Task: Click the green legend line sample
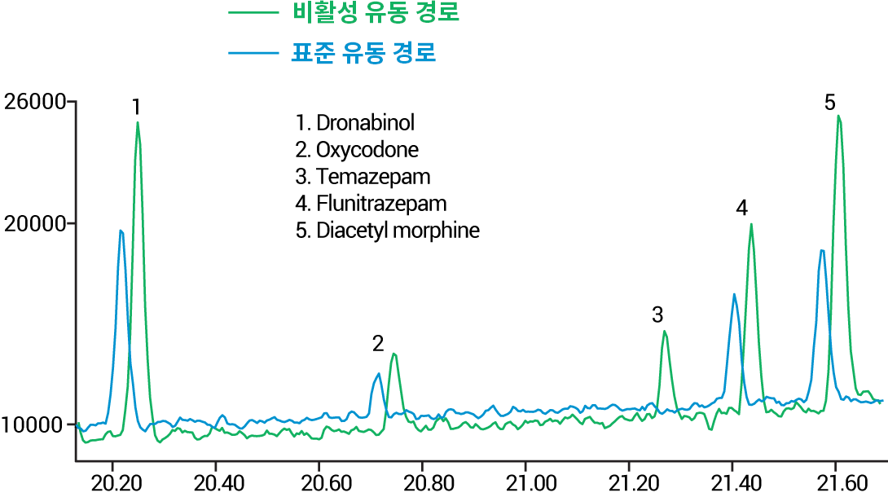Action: tap(253, 13)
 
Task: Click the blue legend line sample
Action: tap(253, 53)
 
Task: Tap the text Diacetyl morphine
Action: tap(398, 230)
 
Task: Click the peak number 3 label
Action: tap(657, 315)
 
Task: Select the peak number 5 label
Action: tap(829, 103)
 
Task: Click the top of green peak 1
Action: tap(138, 122)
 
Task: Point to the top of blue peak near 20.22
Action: tap(121, 231)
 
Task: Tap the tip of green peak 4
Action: tap(751, 224)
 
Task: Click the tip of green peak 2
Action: tap(394, 354)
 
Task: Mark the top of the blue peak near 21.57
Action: tap(822, 250)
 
